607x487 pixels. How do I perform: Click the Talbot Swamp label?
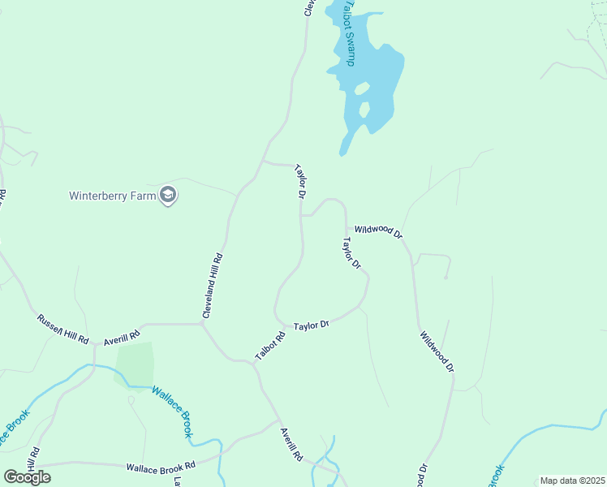[348, 32]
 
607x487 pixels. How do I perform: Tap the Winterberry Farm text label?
[113, 196]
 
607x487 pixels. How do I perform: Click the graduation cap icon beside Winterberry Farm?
[169, 195]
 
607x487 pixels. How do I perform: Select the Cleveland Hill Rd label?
[213, 286]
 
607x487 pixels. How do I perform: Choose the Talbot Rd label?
[270, 347]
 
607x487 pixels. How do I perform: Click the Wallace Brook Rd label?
[161, 467]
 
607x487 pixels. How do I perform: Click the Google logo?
[28, 476]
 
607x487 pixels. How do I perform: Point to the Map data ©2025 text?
[572, 481]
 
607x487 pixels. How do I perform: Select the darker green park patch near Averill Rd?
[135, 364]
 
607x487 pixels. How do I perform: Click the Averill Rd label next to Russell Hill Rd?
[122, 335]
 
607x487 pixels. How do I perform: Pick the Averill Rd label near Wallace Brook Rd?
[291, 445]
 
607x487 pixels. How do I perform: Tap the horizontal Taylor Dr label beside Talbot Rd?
[311, 325]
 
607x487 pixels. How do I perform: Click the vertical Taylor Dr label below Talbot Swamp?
[300, 183]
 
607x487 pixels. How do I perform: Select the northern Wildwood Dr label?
[378, 232]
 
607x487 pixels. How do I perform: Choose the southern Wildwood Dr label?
[437, 351]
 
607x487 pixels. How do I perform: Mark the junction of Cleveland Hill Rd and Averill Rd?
[201, 324]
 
